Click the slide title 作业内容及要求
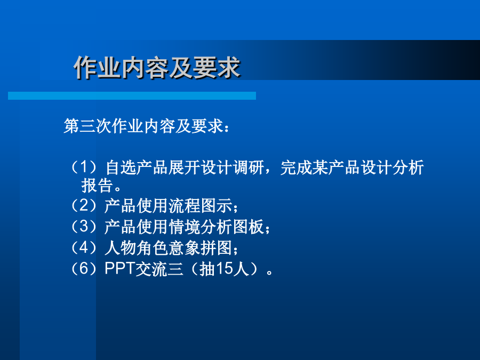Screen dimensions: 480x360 [x=157, y=67]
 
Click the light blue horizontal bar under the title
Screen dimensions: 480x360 [x=132, y=95]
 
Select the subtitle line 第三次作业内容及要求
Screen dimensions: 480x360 [x=143, y=126]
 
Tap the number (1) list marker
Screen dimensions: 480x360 [x=84, y=167]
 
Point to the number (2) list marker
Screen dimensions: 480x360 [x=84, y=205]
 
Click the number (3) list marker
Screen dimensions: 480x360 [x=84, y=227]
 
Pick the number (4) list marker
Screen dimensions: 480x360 [x=84, y=247]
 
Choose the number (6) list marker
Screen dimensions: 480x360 [x=84, y=269]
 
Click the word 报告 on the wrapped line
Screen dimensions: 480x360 [x=97, y=185]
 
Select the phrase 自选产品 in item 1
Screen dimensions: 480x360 [x=137, y=167]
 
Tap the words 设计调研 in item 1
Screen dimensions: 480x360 [x=233, y=167]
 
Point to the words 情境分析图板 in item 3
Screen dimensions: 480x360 [x=217, y=227]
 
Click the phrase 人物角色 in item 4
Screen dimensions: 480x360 [x=137, y=248]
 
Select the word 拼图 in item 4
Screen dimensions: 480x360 [x=217, y=248]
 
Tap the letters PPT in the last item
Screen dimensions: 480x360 [x=119, y=268]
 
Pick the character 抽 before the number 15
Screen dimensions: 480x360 [x=207, y=269]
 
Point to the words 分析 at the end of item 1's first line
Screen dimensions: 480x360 [x=408, y=167]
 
